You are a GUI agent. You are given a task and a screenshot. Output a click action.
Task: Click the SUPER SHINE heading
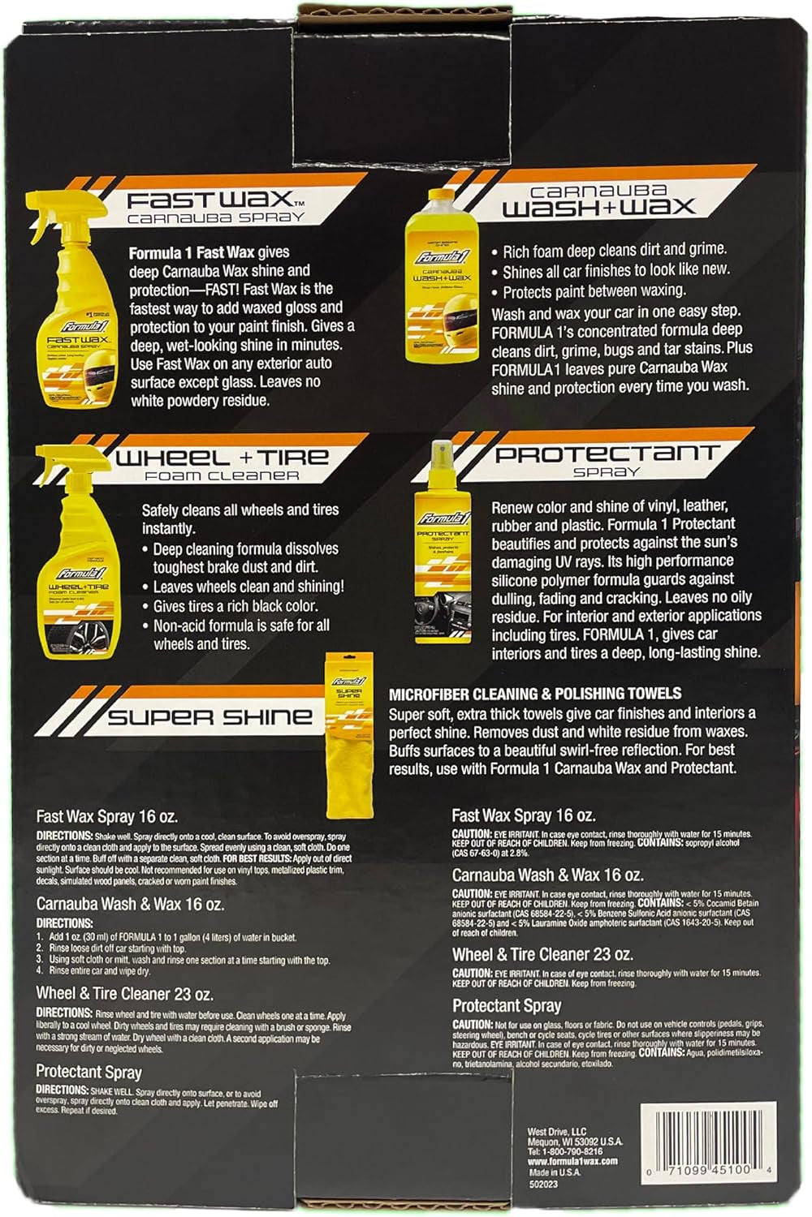209,716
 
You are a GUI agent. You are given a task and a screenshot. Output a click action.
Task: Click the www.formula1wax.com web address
572,1161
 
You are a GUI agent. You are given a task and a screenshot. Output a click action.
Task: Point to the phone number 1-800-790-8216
565,1150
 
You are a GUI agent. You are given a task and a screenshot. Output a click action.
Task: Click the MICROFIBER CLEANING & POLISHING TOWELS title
535,694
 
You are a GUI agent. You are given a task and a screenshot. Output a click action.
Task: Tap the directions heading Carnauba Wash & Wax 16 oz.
130,904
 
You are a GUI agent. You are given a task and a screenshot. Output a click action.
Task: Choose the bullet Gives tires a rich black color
235,606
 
